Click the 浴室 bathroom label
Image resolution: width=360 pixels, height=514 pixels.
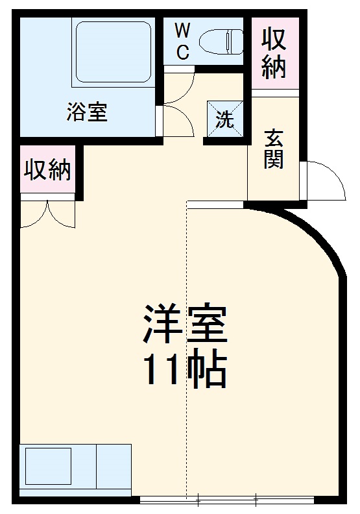[86, 112]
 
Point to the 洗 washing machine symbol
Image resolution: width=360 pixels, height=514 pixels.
[224, 119]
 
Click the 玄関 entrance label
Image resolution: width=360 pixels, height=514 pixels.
[274, 149]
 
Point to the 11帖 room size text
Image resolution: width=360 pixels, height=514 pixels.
[184, 370]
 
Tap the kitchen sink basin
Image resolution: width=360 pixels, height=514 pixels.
[48, 466]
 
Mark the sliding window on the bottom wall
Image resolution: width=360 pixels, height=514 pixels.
[227, 499]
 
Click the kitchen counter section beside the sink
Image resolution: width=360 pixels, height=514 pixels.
[114, 466]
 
